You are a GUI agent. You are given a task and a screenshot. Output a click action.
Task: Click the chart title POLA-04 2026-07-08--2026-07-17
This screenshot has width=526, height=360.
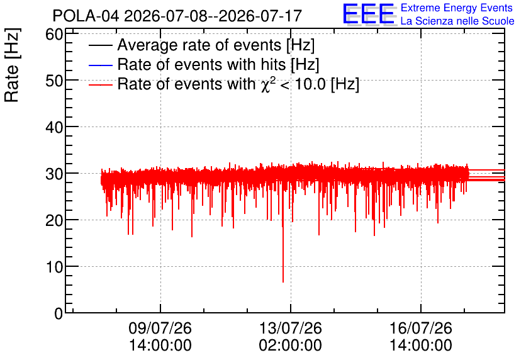(177, 16)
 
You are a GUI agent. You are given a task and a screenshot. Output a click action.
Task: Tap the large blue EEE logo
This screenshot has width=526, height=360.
(369, 14)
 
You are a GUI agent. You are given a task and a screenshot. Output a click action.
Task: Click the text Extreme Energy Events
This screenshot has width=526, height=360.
(457, 8)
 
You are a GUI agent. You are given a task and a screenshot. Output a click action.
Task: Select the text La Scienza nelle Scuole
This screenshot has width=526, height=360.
(457, 21)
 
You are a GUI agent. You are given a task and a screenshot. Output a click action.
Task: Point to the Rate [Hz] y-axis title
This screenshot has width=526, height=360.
(12, 65)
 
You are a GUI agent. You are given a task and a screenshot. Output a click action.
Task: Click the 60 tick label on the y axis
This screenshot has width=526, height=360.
(54, 34)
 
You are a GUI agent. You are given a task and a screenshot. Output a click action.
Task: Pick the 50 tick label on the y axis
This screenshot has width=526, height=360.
(54, 81)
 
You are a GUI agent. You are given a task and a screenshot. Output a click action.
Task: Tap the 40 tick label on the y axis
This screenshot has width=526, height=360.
(54, 127)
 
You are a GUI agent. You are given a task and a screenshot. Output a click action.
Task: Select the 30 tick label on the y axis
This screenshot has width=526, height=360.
(54, 174)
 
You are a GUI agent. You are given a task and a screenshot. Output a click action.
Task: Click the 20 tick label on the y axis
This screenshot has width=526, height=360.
(54, 220)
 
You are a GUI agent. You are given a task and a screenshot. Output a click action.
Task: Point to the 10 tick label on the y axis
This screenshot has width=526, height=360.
(54, 267)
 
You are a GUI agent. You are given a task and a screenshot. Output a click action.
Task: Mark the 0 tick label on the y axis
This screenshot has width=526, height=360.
(59, 313)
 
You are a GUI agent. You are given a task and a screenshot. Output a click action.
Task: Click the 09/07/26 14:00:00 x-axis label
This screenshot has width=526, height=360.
(160, 337)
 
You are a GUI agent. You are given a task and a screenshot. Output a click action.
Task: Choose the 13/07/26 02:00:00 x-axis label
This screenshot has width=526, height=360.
(291, 337)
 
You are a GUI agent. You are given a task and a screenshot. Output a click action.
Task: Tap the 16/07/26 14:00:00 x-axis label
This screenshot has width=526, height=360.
(421, 337)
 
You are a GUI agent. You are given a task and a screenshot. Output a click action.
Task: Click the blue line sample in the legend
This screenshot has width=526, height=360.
(100, 65)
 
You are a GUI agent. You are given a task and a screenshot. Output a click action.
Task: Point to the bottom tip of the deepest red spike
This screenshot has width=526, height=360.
(283, 282)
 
